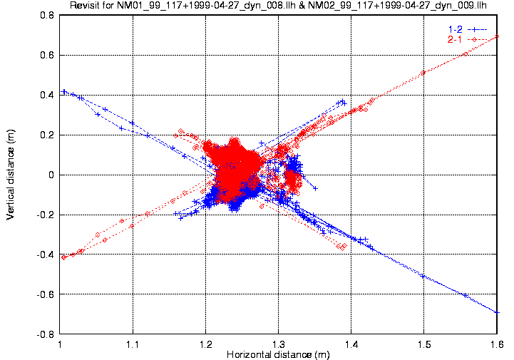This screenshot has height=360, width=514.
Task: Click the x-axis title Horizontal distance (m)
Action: pyautogui.click(x=279, y=354)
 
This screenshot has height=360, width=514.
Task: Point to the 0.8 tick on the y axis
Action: pyautogui.click(x=47, y=15)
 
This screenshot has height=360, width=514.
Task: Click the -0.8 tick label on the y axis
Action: pyautogui.click(x=46, y=334)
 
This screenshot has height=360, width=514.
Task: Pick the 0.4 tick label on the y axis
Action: pyautogui.click(x=47, y=95)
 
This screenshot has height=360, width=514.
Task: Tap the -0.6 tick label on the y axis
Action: pyautogui.click(x=46, y=294)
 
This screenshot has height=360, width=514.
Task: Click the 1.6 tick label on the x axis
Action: pyautogui.click(x=497, y=344)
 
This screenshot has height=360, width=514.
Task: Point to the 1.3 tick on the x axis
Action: pyautogui.click(x=279, y=344)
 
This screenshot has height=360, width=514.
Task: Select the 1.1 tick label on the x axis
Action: pyautogui.click(x=133, y=344)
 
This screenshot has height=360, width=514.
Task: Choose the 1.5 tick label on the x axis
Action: pyautogui.click(x=424, y=344)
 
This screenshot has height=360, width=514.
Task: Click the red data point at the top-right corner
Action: pyautogui.click(x=497, y=36)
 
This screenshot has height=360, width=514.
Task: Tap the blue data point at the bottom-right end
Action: pyautogui.click(x=497, y=312)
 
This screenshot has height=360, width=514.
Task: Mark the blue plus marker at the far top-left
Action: pyautogui.click(x=63, y=91)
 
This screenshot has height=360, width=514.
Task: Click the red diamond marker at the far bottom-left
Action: pyautogui.click(x=63, y=257)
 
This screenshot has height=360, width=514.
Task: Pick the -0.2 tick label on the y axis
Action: pyautogui.click(x=46, y=215)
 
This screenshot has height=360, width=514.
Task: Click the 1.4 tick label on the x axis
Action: pyautogui.click(x=351, y=344)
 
